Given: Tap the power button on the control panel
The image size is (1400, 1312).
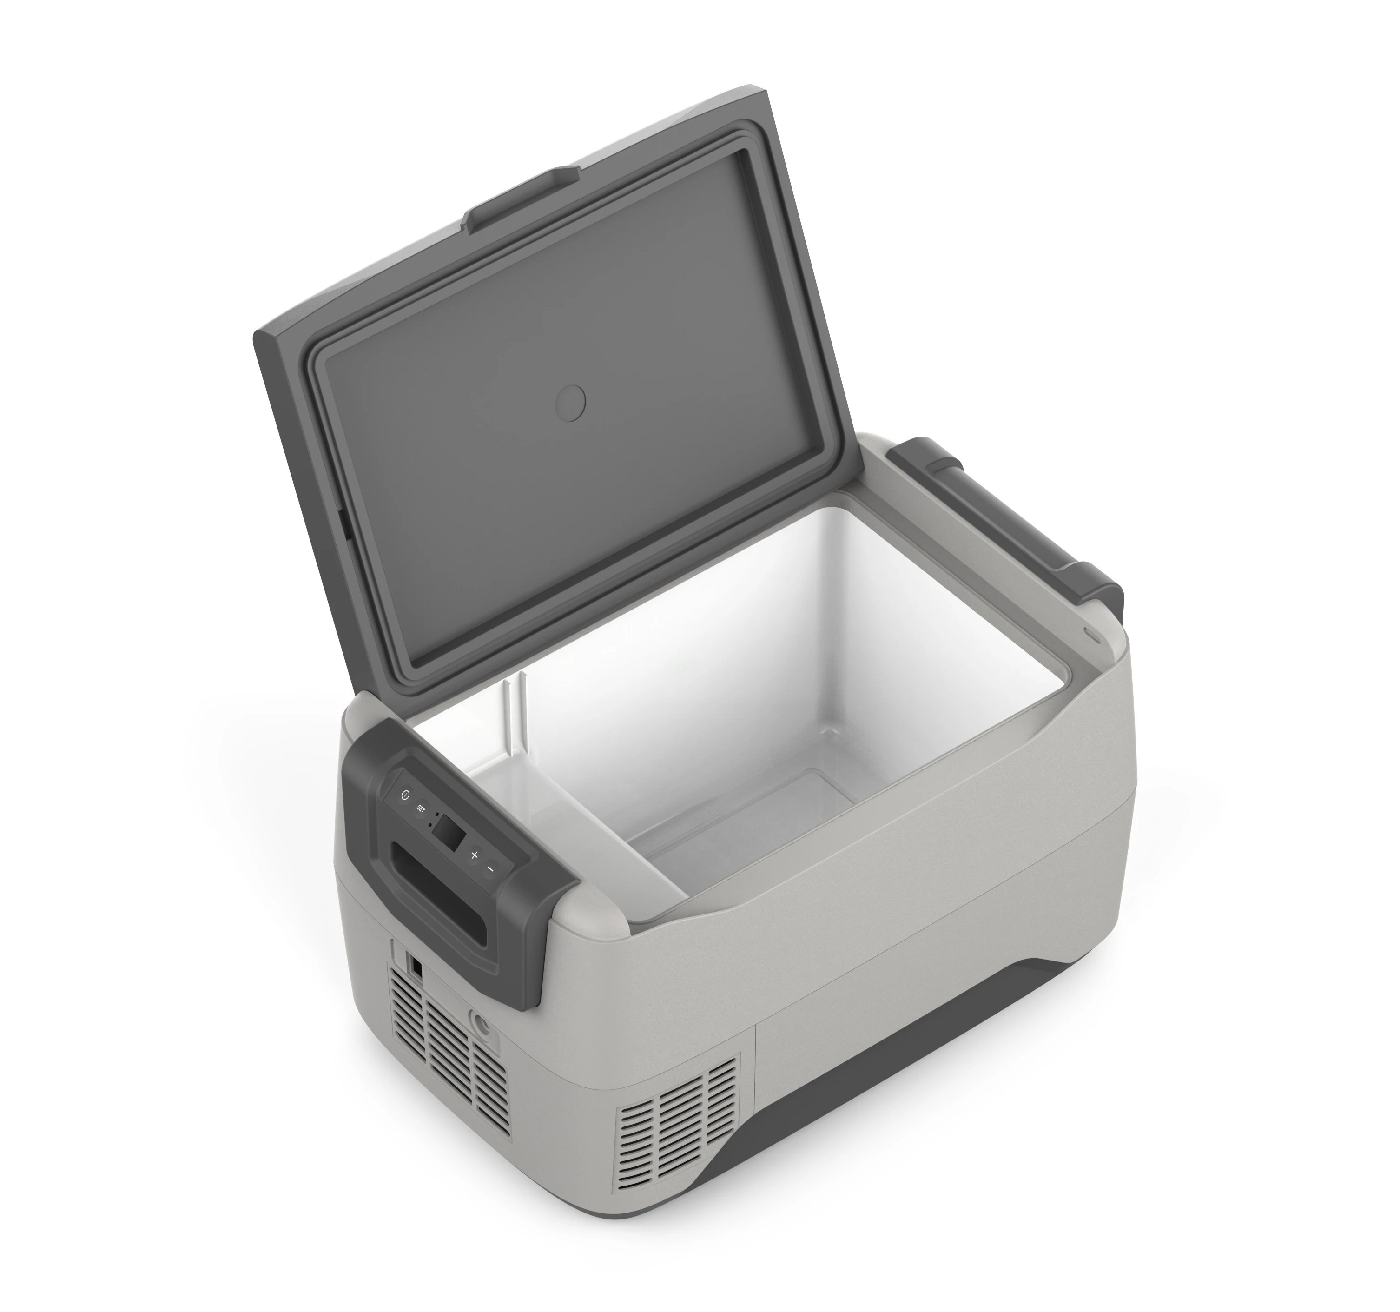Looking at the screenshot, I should coord(404,794).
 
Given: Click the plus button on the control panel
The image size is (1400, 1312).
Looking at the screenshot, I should coord(474,855).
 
